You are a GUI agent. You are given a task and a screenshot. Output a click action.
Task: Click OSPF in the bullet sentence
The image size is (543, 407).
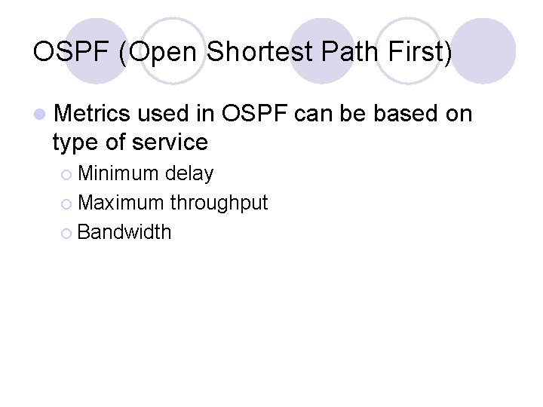click(x=255, y=114)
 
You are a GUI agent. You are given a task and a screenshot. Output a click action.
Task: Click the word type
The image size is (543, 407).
click(x=75, y=142)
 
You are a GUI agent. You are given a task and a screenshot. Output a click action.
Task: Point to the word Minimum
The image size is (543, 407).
click(x=118, y=174)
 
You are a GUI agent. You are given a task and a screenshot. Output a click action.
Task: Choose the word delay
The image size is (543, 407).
click(x=189, y=174)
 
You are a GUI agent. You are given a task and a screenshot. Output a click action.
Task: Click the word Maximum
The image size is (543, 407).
click(x=121, y=203)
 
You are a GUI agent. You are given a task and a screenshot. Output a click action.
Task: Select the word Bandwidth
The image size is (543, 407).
click(x=124, y=231)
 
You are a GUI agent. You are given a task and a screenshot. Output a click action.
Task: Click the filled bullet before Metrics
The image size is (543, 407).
click(x=39, y=115)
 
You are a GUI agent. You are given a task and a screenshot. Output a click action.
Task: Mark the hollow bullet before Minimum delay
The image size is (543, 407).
click(x=66, y=175)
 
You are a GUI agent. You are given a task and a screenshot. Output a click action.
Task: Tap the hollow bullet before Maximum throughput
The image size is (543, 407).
click(x=66, y=203)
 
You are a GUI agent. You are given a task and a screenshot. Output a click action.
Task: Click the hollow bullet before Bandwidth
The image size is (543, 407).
click(x=66, y=232)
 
